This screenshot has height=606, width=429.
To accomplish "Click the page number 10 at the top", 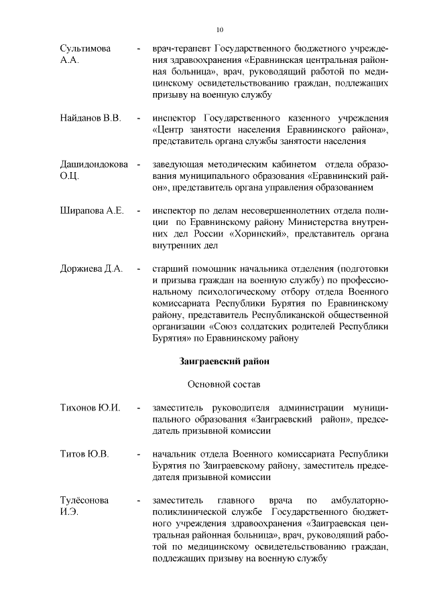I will tap(220, 29).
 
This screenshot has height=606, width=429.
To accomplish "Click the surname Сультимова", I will tap(85, 50).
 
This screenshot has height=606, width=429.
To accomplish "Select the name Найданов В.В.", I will tap(90, 119).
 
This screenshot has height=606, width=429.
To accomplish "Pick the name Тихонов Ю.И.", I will tap(90, 407).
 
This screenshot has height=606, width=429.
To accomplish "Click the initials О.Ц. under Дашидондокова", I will tap(70, 177).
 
